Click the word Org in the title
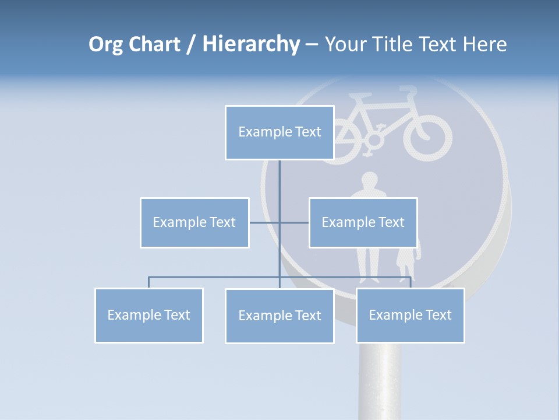(105, 44)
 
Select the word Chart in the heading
(152, 44)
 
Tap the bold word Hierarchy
(250, 44)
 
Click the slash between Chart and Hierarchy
(190, 45)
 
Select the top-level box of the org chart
(279, 132)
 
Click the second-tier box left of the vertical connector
(194, 222)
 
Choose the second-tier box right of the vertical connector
(363, 222)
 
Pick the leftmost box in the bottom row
(149, 315)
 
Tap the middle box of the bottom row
(279, 316)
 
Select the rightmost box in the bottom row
(410, 315)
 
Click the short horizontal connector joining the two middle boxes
(265, 222)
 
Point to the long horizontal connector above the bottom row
(215, 276)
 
